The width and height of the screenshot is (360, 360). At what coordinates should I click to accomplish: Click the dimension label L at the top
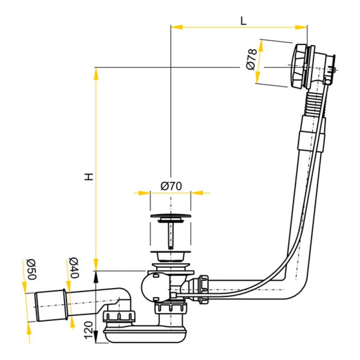coord(243,20)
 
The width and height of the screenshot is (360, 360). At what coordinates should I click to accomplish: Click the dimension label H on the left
coord(90,176)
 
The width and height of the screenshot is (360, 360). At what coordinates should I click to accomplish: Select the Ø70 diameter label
coord(171,186)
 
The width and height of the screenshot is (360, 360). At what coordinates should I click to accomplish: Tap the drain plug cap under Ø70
coord(170,219)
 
